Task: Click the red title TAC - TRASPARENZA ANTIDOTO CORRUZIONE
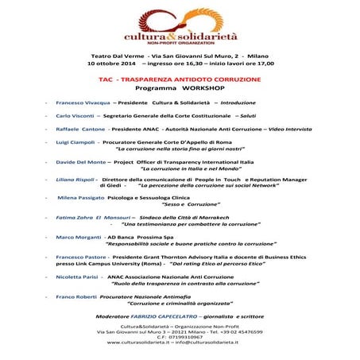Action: point(179,81)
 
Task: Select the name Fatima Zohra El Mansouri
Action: point(89,217)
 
